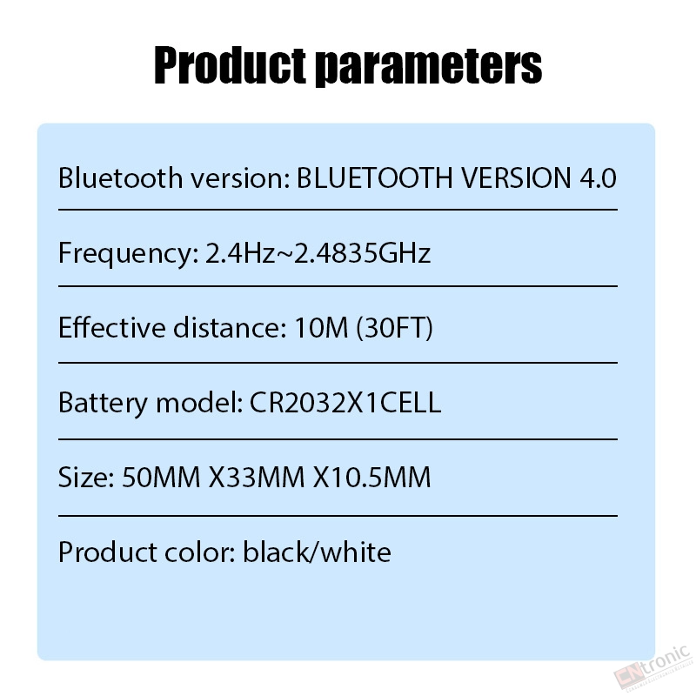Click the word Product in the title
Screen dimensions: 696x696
point(230,66)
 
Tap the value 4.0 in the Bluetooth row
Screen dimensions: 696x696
point(598,178)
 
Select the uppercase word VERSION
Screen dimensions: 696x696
point(515,178)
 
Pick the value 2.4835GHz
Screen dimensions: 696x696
point(362,253)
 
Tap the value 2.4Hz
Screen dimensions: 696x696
point(240,253)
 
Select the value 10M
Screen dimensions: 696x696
point(321,328)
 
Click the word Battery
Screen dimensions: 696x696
point(103,404)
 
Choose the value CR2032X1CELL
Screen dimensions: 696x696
point(345,403)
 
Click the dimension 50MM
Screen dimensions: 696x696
point(161,478)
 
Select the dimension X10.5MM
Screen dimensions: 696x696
point(372,478)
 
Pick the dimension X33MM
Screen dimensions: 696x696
point(257,478)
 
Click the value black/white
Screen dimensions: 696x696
point(317,552)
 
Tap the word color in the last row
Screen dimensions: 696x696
point(199,552)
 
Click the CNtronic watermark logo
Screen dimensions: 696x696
point(652,669)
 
